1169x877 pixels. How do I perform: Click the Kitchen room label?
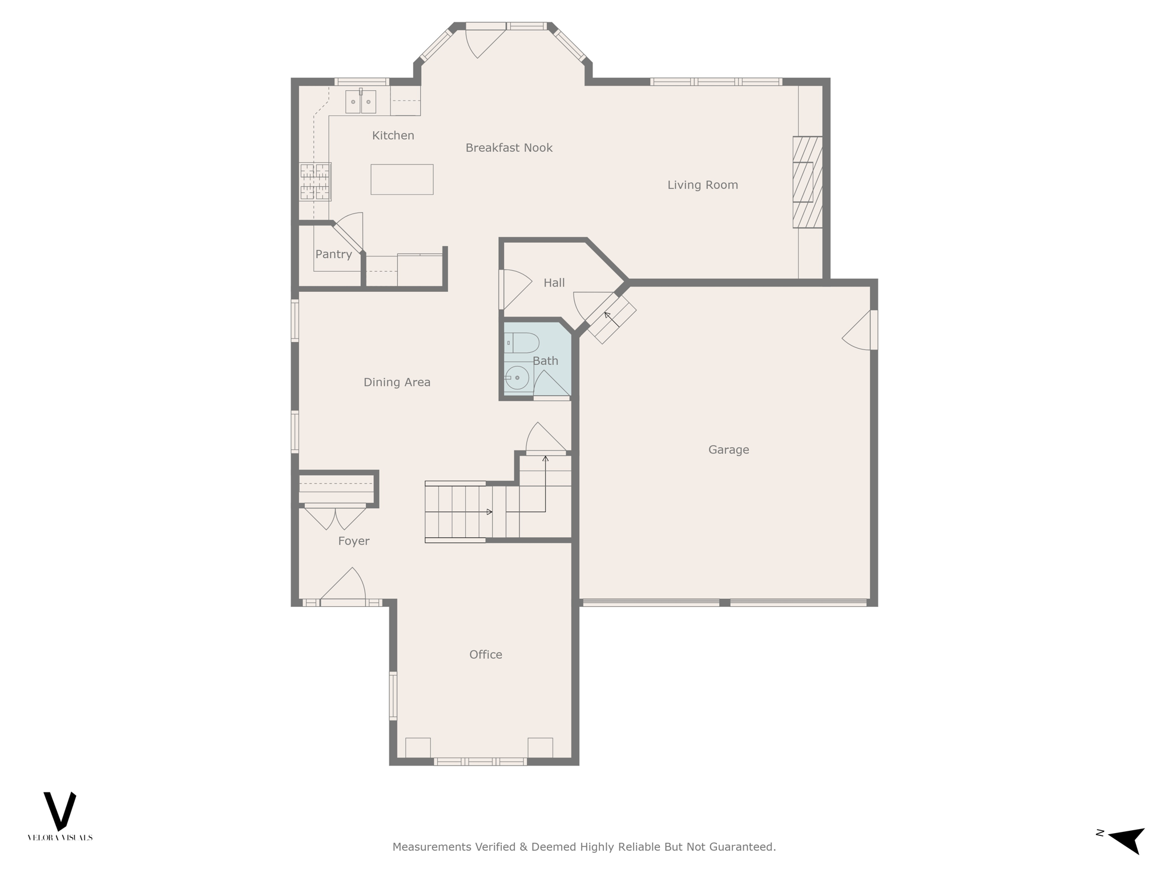[x=393, y=135]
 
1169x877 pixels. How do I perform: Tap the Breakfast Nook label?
[x=509, y=148]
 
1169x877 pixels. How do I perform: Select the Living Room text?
[x=702, y=185]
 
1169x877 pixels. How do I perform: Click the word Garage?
[x=728, y=450]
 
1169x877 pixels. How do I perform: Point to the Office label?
[x=485, y=655]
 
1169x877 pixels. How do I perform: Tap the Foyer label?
[x=353, y=541]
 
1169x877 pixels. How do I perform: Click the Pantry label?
[x=333, y=255]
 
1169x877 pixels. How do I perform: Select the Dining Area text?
[x=397, y=383]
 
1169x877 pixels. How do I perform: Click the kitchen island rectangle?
[x=402, y=179]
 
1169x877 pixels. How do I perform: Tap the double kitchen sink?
[x=360, y=102]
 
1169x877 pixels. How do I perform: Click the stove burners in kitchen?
[x=315, y=182]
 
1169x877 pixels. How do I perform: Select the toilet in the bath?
[x=522, y=343]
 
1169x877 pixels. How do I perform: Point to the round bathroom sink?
[x=517, y=377]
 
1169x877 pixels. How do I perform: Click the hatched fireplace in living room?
[x=807, y=182]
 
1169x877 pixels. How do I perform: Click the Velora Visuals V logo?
[x=60, y=811]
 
